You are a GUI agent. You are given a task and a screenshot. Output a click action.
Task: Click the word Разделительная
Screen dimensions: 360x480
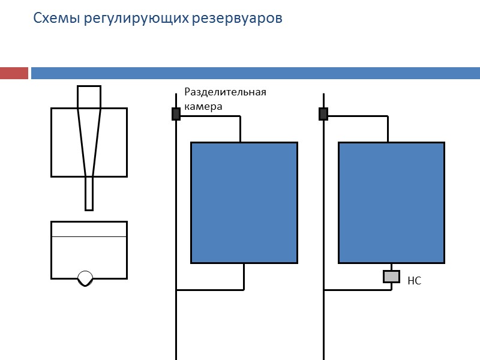[x=225, y=92]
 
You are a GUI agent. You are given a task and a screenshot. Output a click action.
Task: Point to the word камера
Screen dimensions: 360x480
[x=203, y=106]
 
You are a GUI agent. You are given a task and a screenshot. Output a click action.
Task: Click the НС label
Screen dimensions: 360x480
[x=415, y=280]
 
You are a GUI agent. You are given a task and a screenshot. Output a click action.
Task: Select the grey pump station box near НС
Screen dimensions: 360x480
[x=391, y=276]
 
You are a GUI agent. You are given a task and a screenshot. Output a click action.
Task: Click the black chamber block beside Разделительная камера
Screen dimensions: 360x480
[x=176, y=114]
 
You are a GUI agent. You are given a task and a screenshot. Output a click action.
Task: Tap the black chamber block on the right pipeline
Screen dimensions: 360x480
[x=323, y=114]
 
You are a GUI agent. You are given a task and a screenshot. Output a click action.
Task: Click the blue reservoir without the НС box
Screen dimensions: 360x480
[x=244, y=202]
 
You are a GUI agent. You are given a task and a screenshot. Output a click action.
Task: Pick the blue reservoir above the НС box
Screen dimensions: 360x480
[x=391, y=202]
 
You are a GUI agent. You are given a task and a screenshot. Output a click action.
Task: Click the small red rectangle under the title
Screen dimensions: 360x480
[x=14, y=73]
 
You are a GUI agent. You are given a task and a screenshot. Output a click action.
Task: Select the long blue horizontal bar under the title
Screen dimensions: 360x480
[x=255, y=73]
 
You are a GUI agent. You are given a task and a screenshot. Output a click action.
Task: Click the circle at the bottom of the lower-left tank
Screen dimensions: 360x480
[x=86, y=278]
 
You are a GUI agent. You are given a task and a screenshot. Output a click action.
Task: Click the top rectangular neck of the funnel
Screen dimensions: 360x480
[x=89, y=97]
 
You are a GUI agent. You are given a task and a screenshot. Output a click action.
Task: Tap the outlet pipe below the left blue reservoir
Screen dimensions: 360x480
[x=244, y=277]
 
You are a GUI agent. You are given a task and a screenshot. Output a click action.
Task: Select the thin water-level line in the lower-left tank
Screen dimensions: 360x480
[x=89, y=237]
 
